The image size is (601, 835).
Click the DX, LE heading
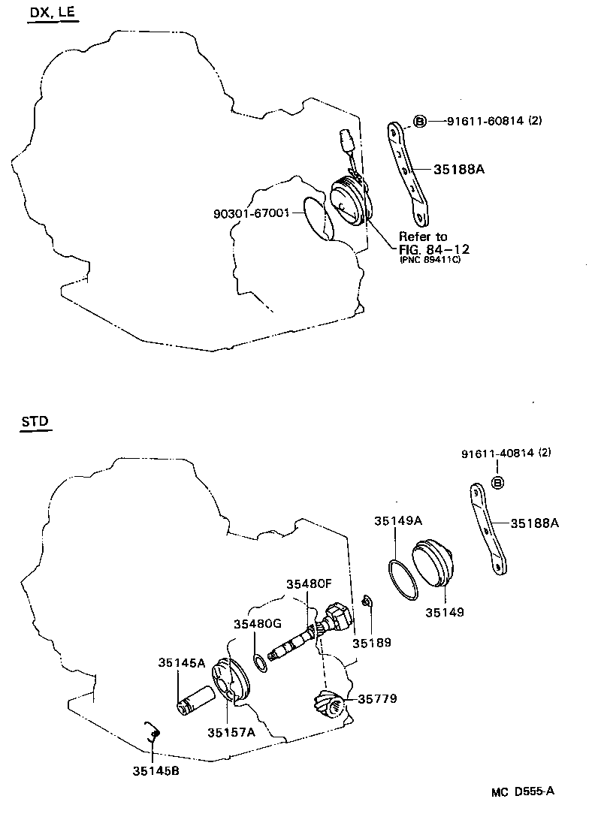[x=53, y=14]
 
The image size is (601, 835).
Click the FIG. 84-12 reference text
[x=435, y=248]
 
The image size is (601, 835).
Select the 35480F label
[x=309, y=583]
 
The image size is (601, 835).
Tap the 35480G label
[x=257, y=624]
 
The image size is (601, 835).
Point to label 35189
[x=373, y=643]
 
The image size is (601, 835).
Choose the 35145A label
[x=181, y=662]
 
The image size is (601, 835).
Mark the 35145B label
[x=156, y=770]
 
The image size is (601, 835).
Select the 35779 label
[x=377, y=699]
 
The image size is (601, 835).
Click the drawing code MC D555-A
[x=523, y=791]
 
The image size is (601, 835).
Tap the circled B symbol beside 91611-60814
[x=420, y=121]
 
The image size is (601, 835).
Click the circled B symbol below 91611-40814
[x=497, y=481]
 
